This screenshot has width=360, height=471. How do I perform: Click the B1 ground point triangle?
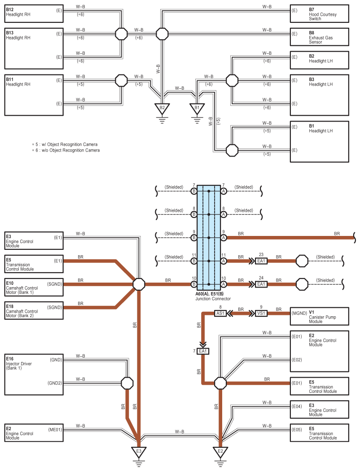click(x=196, y=108)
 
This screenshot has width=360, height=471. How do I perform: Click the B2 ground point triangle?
click(x=162, y=108)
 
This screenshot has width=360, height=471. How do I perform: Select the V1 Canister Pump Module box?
click(x=319, y=316)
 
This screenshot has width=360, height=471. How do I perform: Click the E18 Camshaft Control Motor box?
click(x=34, y=310)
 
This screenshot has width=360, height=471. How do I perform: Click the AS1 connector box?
click(x=220, y=313)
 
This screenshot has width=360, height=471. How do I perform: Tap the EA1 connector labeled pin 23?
click(x=261, y=261)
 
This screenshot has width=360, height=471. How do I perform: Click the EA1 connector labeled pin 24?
click(x=261, y=284)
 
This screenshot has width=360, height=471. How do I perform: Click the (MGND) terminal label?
click(x=299, y=313)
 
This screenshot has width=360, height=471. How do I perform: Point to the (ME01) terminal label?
click(x=55, y=429)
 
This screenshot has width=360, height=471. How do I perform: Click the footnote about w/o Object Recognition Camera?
click(x=66, y=150)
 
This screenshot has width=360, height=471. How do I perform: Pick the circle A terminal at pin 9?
click(x=223, y=237)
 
